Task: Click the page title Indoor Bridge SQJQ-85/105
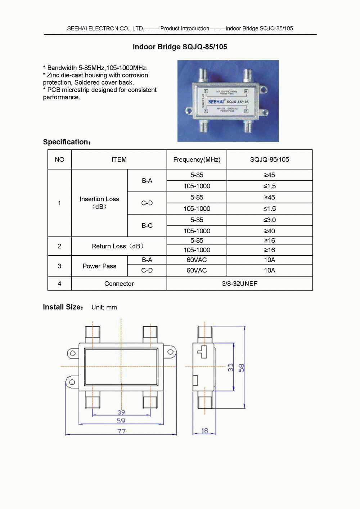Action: point(180,47)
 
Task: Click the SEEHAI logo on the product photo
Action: point(216,102)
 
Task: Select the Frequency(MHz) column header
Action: point(197,159)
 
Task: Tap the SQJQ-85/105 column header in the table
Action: point(269,159)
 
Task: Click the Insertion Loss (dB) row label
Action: point(99,203)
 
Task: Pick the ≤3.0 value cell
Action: point(269,220)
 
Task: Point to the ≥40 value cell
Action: point(269,231)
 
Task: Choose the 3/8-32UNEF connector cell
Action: point(239,284)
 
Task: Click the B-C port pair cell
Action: point(147,226)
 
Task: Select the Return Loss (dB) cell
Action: point(118,246)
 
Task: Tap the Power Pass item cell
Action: point(99,266)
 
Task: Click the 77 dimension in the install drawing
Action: point(121,431)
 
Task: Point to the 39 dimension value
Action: point(121,412)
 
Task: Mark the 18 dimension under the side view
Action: point(204,431)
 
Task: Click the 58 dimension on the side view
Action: point(241,368)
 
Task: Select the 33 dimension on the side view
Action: point(231,367)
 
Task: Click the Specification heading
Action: point(67,142)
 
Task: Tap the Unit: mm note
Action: point(104,307)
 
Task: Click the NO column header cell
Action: point(59,159)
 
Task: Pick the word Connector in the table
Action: point(119,284)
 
